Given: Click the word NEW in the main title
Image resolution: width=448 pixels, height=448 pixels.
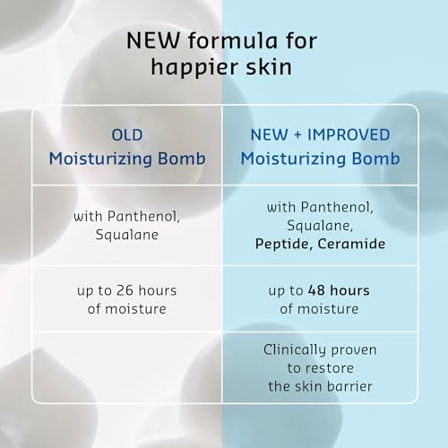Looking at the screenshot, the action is [x=153, y=40].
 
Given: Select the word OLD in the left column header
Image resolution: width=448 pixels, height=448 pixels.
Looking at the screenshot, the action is [x=127, y=135].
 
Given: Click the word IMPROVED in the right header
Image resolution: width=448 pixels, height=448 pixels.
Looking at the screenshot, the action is [x=349, y=134].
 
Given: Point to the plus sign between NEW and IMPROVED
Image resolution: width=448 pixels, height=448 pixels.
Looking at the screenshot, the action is [x=297, y=135].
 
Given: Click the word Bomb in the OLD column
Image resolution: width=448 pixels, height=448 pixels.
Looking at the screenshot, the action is [x=182, y=159].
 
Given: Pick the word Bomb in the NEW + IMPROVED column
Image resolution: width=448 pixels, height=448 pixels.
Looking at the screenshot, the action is [x=375, y=159].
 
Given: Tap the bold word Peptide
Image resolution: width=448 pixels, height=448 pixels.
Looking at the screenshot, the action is [x=284, y=245].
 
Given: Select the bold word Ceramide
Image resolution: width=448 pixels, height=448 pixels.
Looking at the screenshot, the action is [x=351, y=244].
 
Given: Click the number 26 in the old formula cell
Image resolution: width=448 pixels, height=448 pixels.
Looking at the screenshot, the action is [x=125, y=290].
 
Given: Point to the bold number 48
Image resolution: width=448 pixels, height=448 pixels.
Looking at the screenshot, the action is [x=316, y=290].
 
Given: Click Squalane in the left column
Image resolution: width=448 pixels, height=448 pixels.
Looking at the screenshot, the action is [x=127, y=235].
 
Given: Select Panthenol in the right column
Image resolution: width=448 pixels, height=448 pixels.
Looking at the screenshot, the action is [x=337, y=207].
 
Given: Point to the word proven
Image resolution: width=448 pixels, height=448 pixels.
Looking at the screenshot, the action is [x=354, y=350].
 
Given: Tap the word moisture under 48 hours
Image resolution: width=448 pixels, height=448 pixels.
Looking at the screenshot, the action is [x=328, y=309].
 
